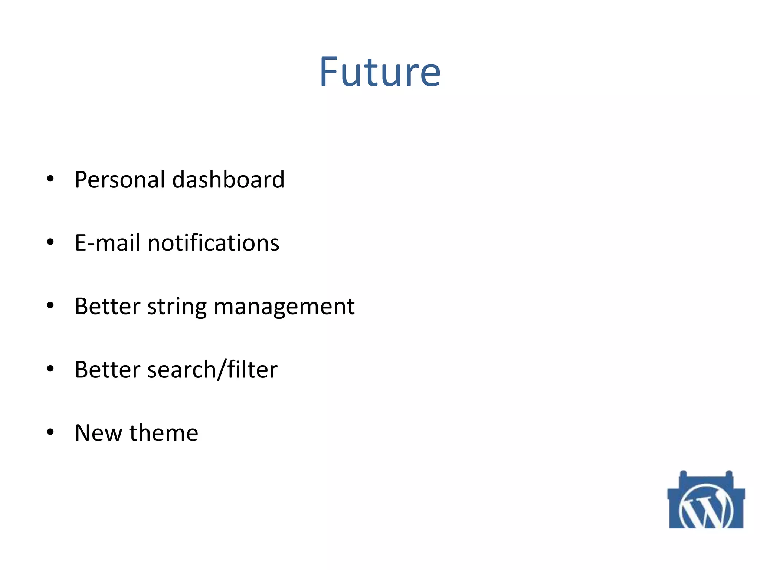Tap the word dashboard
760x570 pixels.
(x=228, y=180)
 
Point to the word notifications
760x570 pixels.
(x=213, y=243)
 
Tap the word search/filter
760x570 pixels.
(x=212, y=370)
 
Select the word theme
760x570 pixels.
(x=164, y=433)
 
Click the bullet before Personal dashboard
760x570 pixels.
(x=50, y=179)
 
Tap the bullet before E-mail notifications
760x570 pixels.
(x=50, y=242)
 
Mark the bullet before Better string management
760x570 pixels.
(x=50, y=306)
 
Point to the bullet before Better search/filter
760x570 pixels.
(x=50, y=369)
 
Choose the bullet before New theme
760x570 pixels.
(x=50, y=432)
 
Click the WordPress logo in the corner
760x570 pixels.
(x=706, y=505)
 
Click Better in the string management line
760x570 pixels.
(x=107, y=307)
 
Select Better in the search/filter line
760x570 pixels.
(x=107, y=370)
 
